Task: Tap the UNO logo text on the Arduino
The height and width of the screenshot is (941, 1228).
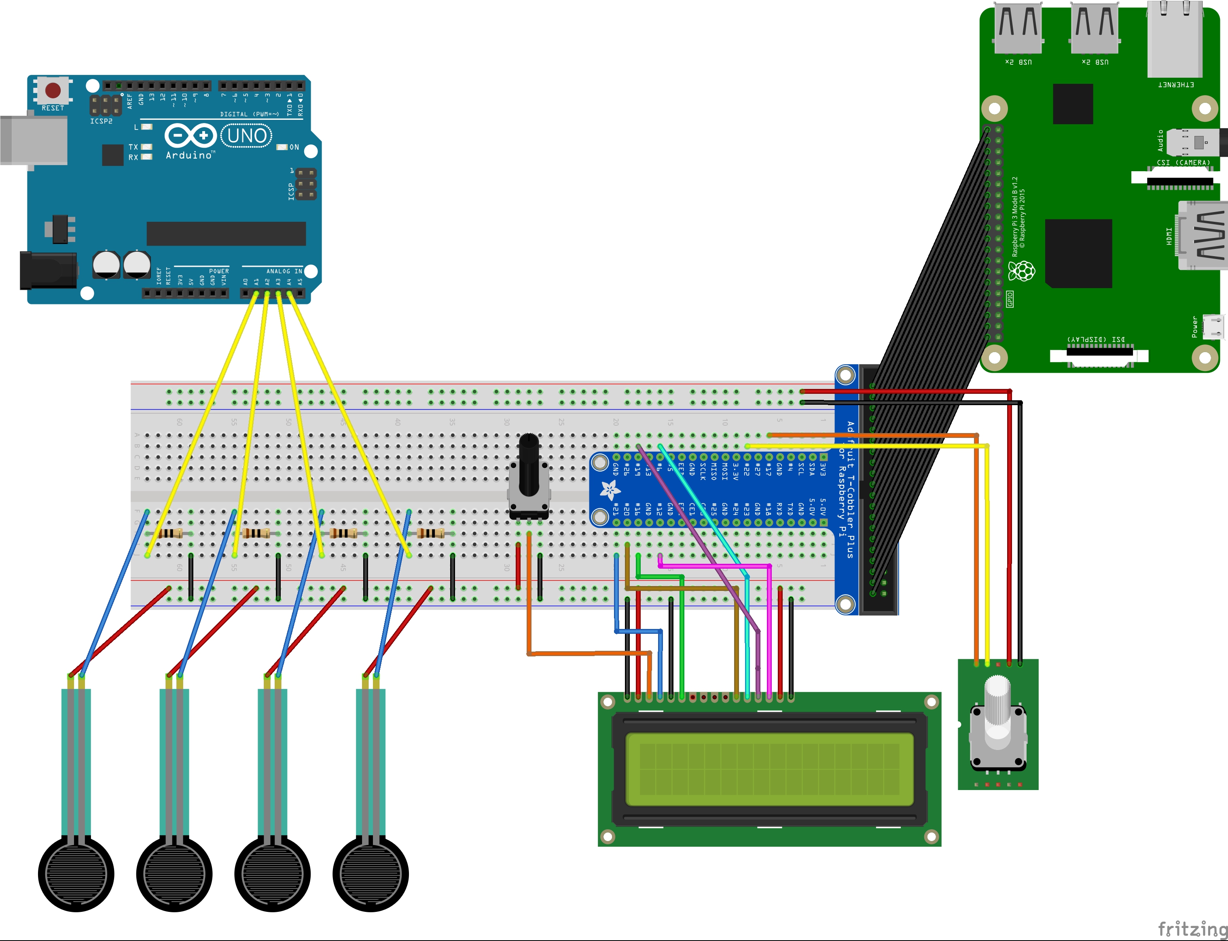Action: [247, 136]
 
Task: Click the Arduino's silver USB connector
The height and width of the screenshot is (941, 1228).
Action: [34, 140]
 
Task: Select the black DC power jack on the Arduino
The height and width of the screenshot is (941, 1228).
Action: [48, 270]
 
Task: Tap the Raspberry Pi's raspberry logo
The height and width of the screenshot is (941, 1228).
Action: [1022, 271]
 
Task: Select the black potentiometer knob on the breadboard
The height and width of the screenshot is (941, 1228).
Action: [529, 465]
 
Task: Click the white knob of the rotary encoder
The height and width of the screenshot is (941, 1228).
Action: [997, 706]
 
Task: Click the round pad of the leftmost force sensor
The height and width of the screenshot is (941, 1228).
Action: [76, 874]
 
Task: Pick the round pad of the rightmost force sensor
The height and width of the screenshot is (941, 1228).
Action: [371, 874]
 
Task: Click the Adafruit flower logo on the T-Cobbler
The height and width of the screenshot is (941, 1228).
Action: [610, 490]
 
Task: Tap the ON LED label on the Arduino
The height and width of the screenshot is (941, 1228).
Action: [294, 147]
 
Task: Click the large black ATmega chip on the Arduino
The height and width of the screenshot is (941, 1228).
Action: [226, 233]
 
